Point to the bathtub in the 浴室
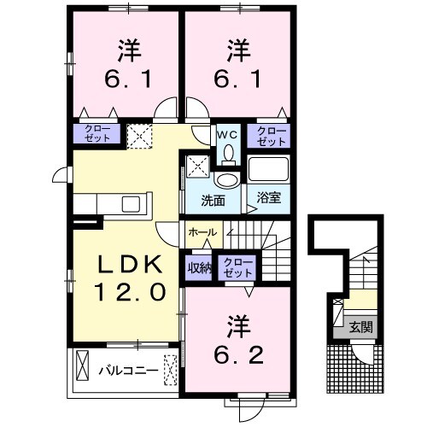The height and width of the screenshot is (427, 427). click(x=270, y=168)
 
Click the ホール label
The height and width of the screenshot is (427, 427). click(x=202, y=231)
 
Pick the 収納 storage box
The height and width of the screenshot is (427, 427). click(x=198, y=266)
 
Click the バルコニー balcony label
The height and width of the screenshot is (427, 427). click(x=126, y=371)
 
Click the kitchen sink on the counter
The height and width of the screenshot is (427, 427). click(x=133, y=205)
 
